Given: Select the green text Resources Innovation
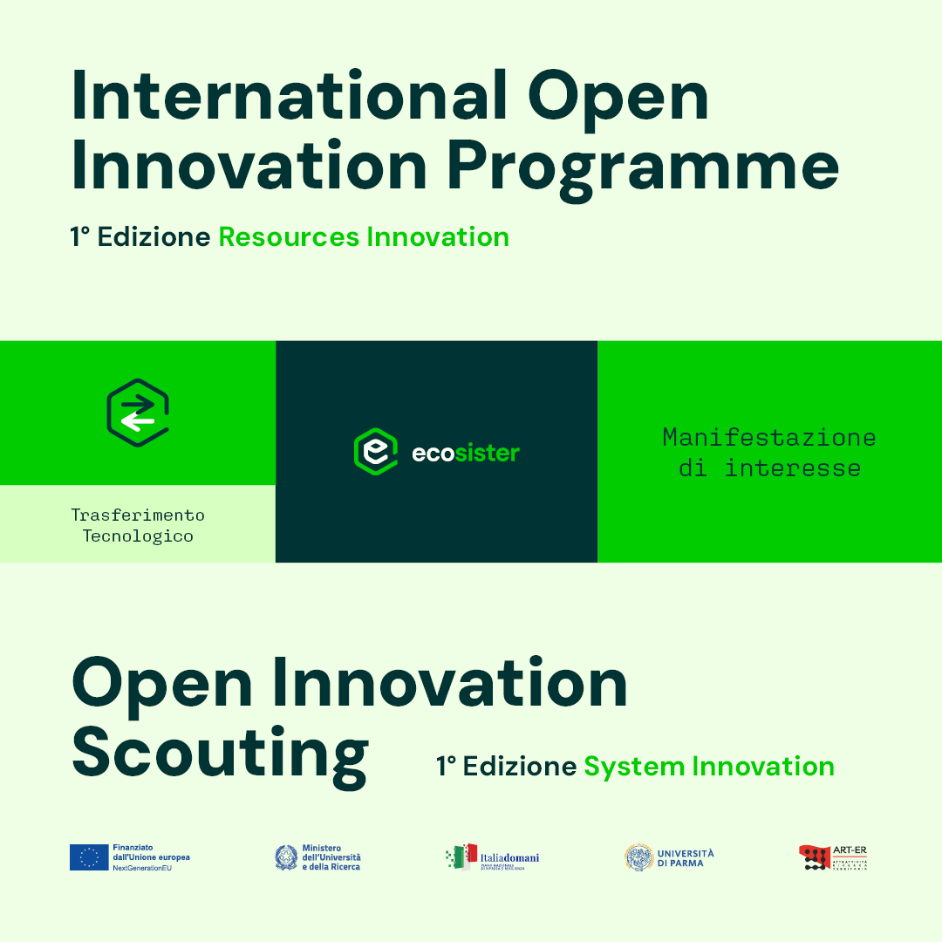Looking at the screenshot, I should point(364,237).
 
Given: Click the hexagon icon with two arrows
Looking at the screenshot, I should point(138,413).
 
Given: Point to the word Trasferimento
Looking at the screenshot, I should point(138,515).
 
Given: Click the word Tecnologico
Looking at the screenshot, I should point(138,536).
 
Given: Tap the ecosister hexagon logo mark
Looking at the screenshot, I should point(375,452).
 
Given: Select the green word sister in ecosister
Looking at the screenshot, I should point(487,453).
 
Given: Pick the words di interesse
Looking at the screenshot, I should point(769,468).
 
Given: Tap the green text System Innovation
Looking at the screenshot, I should point(709,767).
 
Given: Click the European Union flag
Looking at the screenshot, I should point(89,857).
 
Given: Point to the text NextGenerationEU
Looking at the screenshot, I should point(142,869).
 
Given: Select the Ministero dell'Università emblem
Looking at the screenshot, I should point(286,857).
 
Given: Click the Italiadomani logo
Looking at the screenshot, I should point(493,857).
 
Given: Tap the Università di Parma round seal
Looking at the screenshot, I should point(638,857).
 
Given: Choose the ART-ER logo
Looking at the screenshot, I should point(833,857).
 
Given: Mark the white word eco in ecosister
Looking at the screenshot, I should point(433,453).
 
